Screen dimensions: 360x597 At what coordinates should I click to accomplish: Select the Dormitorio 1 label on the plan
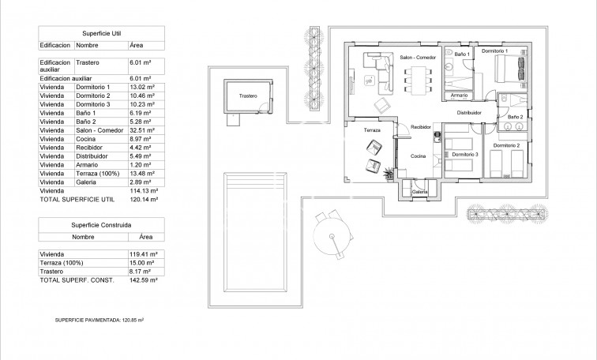(x=517, y=51)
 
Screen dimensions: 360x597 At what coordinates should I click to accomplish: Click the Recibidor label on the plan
(x=419, y=126)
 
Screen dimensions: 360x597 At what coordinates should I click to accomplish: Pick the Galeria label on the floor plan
(x=420, y=191)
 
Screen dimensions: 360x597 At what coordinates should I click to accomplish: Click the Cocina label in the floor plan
(x=418, y=156)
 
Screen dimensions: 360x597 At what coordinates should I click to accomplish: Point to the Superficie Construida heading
(x=101, y=225)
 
